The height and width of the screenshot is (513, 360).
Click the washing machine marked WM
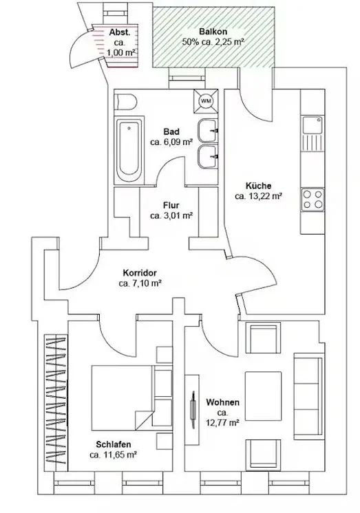point(206,101)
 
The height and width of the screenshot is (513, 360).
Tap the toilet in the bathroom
point(125,102)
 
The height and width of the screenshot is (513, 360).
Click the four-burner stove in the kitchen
point(313,199)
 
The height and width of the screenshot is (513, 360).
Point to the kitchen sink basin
point(313,124)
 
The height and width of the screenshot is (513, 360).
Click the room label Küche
point(258,186)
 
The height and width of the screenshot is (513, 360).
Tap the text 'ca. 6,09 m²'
point(171,142)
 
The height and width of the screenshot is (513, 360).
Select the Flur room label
point(171,206)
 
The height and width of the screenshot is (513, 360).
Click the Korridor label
point(140,273)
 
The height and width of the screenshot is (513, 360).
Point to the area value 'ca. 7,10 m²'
point(140,283)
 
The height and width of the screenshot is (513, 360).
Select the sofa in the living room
point(308,396)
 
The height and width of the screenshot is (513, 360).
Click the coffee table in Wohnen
point(264,393)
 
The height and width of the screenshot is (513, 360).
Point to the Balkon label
point(213,32)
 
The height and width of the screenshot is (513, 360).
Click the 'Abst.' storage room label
point(120,32)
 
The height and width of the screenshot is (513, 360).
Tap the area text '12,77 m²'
point(222,423)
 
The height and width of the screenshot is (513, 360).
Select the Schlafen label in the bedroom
point(114,444)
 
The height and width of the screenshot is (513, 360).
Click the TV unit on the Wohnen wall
point(192,410)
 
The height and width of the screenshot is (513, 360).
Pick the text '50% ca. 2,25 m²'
point(213,42)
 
